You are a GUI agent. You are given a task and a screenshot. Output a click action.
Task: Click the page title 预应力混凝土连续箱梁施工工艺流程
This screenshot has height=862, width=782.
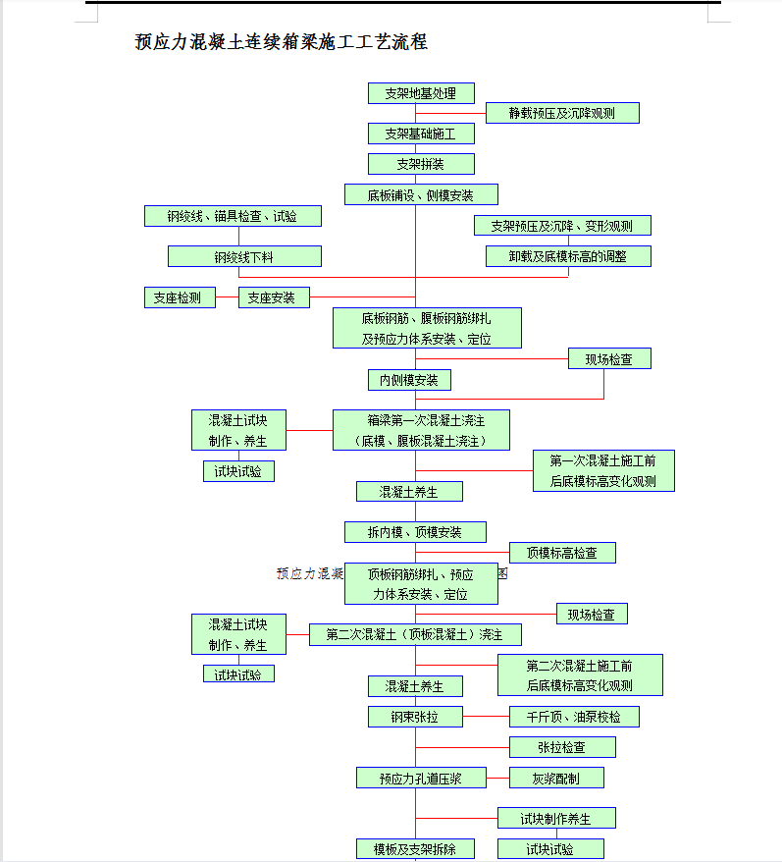coord(281,42)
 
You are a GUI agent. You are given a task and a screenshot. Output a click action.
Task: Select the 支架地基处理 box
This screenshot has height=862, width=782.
coord(421,93)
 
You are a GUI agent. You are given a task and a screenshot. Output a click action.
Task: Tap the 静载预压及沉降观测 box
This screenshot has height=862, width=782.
coord(561,113)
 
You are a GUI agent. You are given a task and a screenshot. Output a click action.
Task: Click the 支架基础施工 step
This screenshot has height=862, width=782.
coord(421,134)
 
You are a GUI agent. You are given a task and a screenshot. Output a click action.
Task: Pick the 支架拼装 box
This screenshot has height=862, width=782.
coord(421,164)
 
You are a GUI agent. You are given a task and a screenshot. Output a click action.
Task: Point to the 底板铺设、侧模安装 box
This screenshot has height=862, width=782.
coord(421,194)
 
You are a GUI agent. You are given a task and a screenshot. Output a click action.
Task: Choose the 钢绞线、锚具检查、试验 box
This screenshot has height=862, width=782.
coord(232,216)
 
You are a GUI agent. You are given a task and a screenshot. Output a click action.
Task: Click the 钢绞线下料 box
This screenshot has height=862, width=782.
coord(244,256)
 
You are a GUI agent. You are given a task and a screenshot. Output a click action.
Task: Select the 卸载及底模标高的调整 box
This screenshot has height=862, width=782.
coord(567,256)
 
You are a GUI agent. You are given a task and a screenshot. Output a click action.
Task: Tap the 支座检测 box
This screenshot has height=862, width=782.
coord(178,297)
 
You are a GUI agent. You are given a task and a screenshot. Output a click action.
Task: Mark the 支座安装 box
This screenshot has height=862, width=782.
coord(273,297)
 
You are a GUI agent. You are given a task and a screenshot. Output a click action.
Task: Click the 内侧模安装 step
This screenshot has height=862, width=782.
coord(409,380)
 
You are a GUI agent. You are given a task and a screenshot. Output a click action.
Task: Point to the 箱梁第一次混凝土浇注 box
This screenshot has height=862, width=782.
coord(420,430)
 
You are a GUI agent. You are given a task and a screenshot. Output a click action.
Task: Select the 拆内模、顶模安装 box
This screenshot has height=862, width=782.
coord(414,532)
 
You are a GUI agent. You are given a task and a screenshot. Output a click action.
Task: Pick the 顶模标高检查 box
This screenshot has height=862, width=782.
coord(561,553)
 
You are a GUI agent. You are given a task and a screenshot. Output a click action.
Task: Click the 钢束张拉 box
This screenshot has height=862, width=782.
coord(414,717)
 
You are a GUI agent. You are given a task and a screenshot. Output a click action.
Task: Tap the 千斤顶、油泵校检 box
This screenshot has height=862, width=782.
coord(573,717)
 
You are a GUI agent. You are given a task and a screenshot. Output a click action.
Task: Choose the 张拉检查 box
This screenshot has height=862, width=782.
coord(561,747)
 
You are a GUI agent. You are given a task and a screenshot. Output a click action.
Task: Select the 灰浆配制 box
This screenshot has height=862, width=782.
coord(555,778)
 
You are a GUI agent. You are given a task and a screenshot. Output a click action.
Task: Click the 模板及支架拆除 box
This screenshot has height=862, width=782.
coord(414,848)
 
